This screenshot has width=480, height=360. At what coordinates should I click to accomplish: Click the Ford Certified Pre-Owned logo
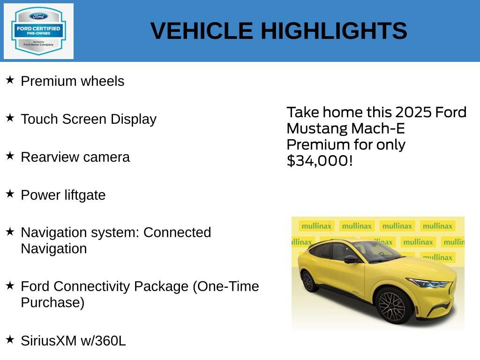[38, 31]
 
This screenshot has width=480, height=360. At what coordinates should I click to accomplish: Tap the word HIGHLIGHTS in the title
[334, 31]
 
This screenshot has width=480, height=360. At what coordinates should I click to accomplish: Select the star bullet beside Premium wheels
[10, 80]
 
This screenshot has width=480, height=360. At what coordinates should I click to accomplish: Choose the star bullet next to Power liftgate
[10, 194]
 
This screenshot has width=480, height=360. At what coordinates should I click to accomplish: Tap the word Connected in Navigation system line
[177, 232]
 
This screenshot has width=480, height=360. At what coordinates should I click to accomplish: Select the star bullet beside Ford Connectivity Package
[10, 285]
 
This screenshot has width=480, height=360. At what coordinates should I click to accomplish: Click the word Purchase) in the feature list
[52, 302]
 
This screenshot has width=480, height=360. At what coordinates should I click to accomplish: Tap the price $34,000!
[319, 161]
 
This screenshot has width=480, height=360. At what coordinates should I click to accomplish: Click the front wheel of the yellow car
[395, 306]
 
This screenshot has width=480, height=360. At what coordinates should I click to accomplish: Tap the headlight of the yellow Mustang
[429, 283]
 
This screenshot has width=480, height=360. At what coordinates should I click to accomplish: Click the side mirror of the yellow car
[351, 258]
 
